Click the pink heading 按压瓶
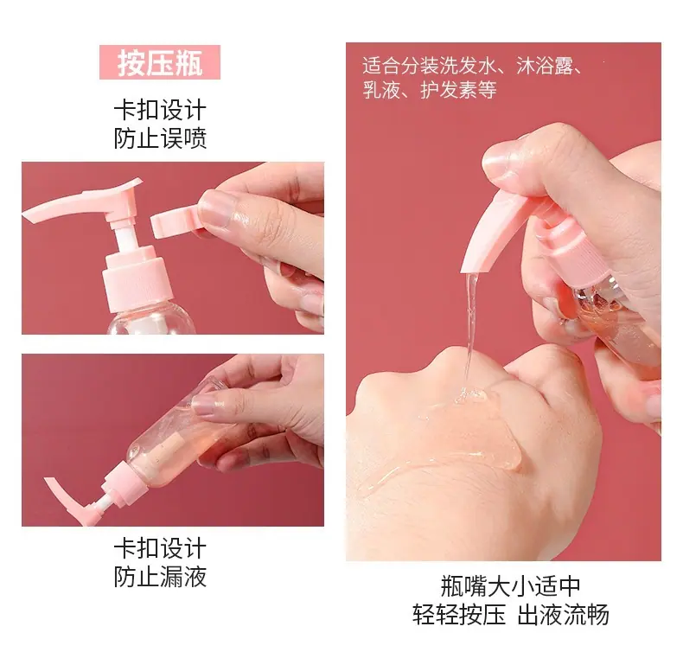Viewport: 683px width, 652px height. point(160,63)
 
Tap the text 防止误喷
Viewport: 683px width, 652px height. point(160,138)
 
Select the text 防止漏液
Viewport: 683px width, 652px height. point(160,576)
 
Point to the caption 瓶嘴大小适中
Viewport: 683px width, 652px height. point(510,585)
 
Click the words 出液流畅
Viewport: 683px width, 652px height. point(563,615)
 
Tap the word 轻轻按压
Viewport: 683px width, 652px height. point(459,615)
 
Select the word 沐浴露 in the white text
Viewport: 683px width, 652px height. point(545,67)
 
